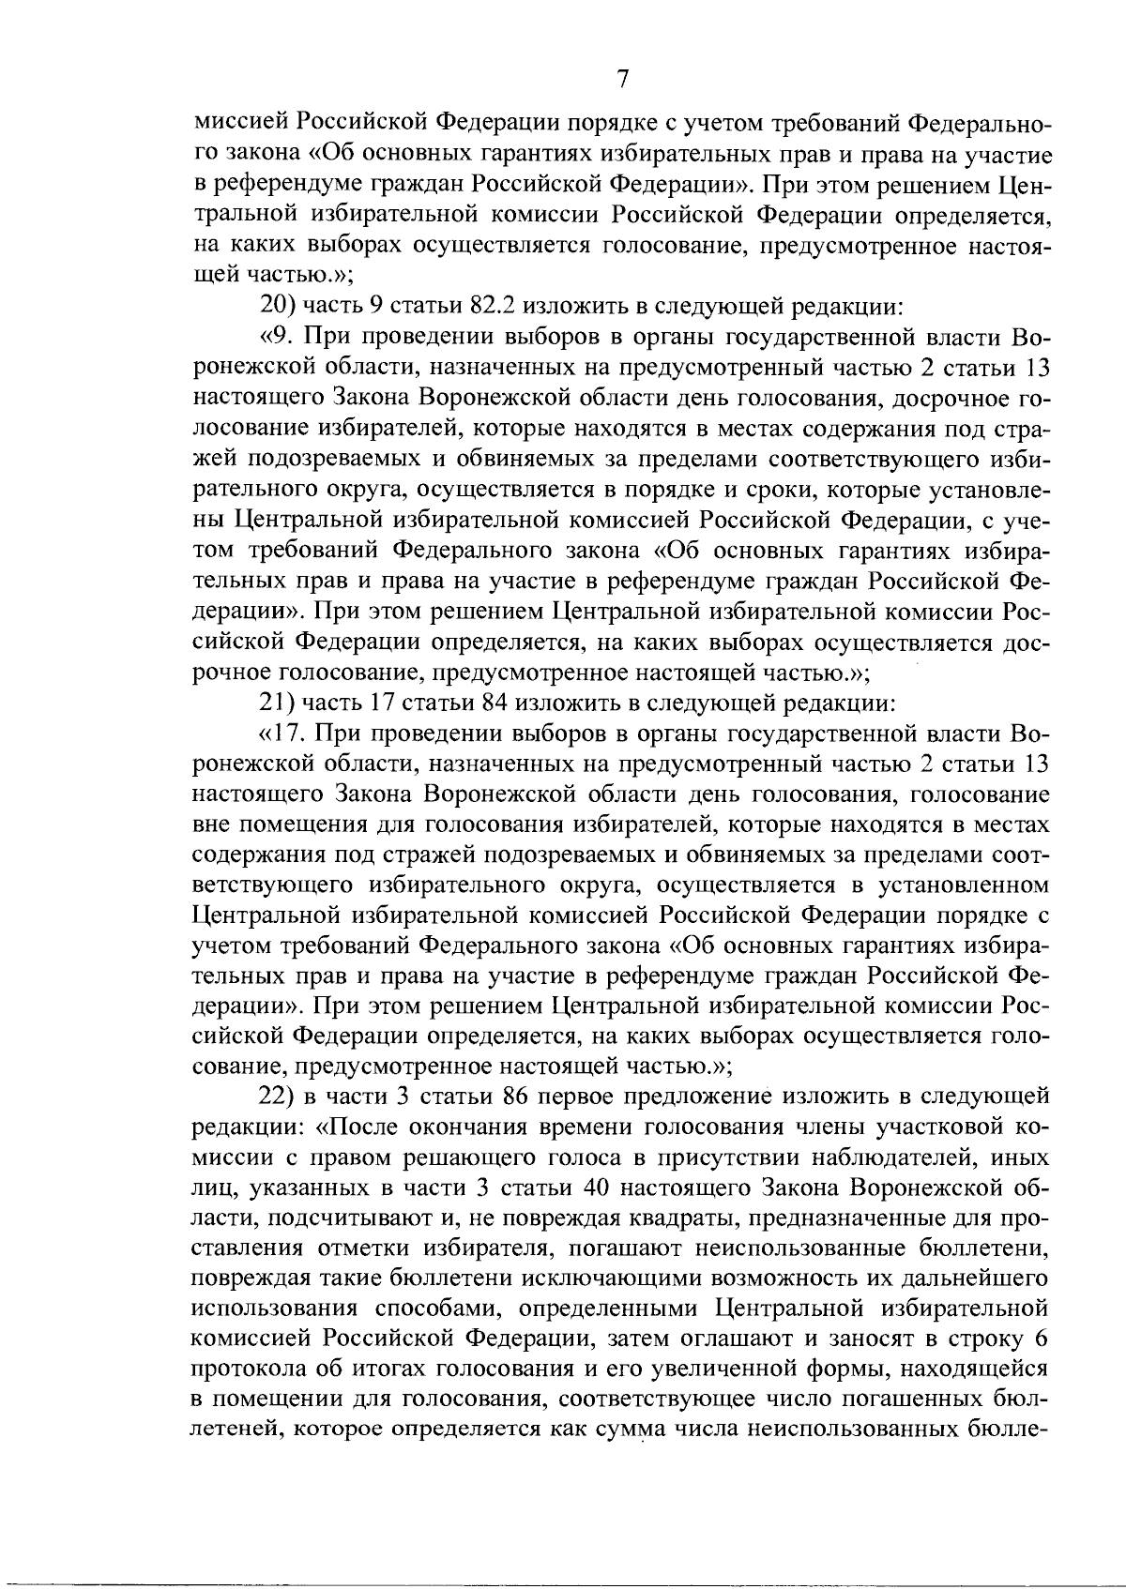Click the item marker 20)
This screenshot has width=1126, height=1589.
pos(278,306)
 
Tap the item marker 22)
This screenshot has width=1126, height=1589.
pos(278,1097)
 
